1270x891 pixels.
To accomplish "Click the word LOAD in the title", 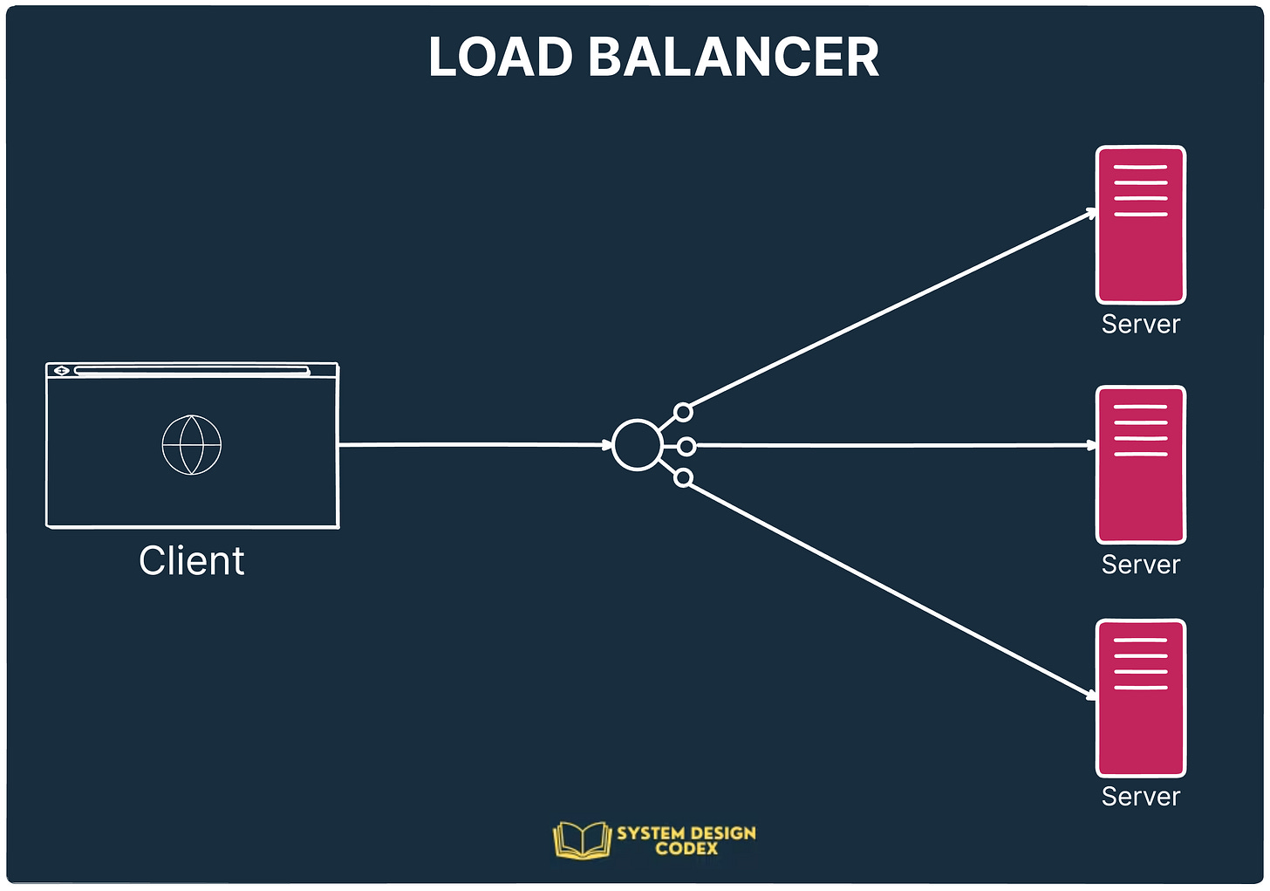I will [500, 58].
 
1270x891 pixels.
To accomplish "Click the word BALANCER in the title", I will [734, 58].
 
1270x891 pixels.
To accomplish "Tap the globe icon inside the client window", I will [192, 445].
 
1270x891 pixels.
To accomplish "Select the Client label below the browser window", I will [192, 561].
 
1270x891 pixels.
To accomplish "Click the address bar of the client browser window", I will [192, 371].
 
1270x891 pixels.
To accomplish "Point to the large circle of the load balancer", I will [638, 445].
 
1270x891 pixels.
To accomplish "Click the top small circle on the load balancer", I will [684, 412].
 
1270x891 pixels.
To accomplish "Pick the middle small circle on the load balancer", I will [686, 447].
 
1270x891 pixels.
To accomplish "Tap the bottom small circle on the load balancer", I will [684, 477].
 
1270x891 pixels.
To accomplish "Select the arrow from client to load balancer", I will [475, 445].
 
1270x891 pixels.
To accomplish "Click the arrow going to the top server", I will [890, 310].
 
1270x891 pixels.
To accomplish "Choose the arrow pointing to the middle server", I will [894, 446].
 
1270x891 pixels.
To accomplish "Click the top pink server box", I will [1141, 225].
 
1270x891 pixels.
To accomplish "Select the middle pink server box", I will [1141, 465].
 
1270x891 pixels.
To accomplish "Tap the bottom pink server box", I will [1141, 698].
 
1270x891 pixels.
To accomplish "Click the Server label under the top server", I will [1141, 325].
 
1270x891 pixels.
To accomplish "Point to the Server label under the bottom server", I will [1141, 797].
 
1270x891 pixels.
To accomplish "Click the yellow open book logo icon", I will [582, 840].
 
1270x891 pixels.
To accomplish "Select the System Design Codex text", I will [686, 840].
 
